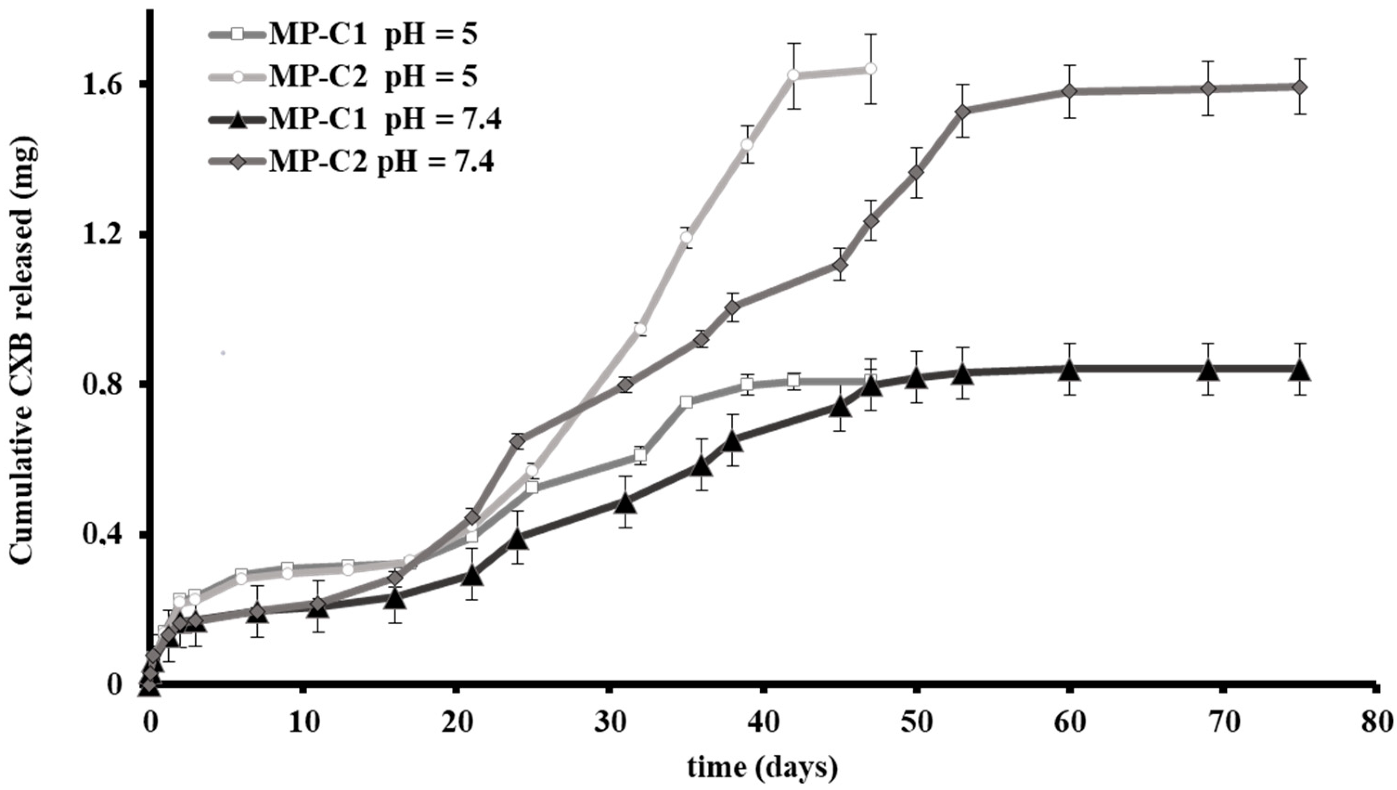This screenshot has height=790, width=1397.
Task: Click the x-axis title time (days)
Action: (762, 767)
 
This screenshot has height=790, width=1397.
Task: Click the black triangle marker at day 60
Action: (1069, 372)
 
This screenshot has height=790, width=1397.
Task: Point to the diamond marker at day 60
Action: (1069, 106)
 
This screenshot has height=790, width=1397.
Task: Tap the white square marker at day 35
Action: (687, 402)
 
